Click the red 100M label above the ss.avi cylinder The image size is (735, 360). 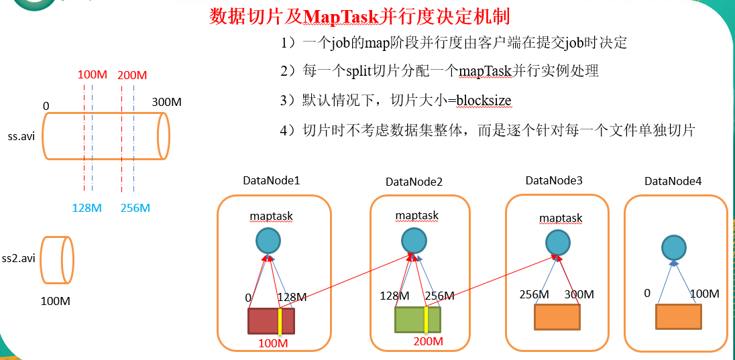tap(92, 74)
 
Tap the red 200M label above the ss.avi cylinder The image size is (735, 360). tap(132, 74)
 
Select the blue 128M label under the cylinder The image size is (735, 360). tap(87, 208)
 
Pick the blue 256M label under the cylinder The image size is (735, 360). tap(135, 208)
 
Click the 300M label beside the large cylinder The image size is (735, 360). tap(167, 103)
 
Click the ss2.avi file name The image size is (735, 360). tap(18, 259)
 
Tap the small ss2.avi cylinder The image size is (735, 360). tap(57, 259)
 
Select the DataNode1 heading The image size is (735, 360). tap(271, 181)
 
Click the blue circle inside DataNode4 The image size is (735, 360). tap(674, 247)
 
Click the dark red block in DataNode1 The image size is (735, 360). tap(271, 320)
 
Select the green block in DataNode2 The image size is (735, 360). tap(417, 319)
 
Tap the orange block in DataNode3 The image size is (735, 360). tap(557, 316)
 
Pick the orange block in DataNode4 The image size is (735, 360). tap(678, 316)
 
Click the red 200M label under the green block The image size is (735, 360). tap(429, 341)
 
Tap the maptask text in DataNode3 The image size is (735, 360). tap(561, 218)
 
